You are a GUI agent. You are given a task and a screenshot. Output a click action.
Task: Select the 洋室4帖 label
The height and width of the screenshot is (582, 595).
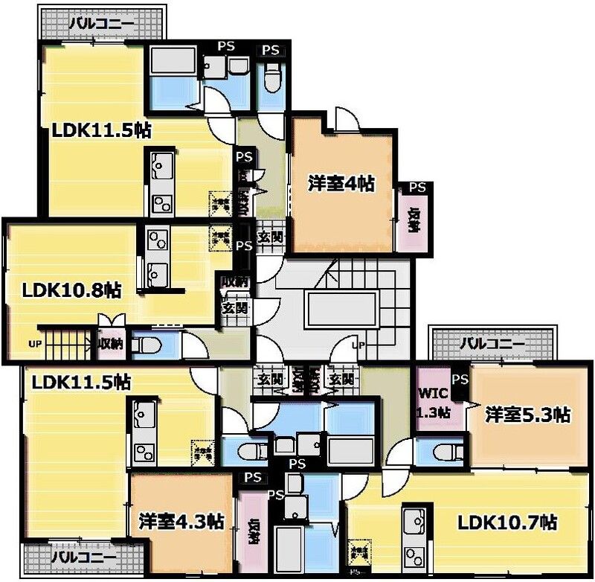pos(341,184)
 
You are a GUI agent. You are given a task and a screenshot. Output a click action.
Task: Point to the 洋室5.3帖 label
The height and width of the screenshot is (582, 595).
pos(529,415)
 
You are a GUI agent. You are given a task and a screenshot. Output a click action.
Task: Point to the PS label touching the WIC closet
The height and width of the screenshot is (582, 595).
pos(460,380)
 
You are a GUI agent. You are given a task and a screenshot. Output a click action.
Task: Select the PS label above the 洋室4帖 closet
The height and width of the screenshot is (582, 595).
pos(417,188)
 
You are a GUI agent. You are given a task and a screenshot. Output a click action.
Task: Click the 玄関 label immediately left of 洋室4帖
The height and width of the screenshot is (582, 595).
pos(269,238)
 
